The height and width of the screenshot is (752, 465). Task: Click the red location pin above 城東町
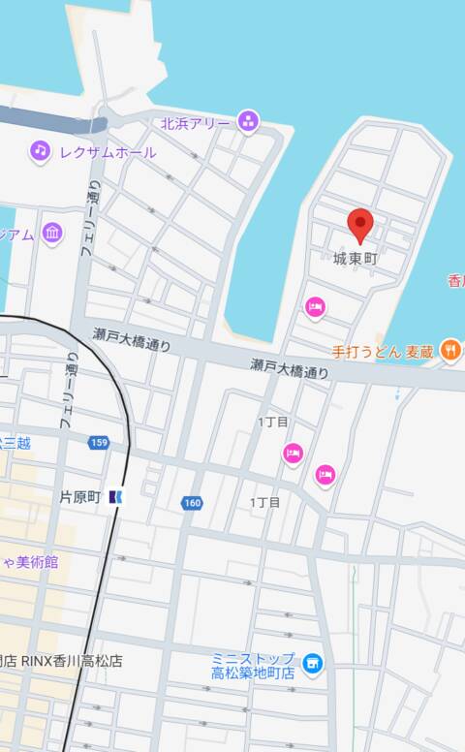[x=360, y=225]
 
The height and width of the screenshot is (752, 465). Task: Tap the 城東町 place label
[x=355, y=260]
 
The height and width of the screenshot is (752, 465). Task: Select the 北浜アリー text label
[x=196, y=123]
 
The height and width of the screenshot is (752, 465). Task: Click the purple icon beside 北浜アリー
[x=248, y=121]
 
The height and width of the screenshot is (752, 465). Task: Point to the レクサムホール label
[x=107, y=152]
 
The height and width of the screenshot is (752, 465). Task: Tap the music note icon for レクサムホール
[x=40, y=151]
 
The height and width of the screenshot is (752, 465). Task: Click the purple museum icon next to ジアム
[x=52, y=233]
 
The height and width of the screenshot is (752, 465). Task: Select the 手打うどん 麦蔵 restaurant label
[x=382, y=352]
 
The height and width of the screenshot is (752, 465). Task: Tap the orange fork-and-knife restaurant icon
[x=449, y=351]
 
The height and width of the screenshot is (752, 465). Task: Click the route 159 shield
[x=98, y=443]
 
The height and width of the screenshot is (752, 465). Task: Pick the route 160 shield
[x=192, y=503]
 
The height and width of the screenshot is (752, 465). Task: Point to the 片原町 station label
[x=80, y=497]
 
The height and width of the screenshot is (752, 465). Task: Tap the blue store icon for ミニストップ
[x=312, y=664]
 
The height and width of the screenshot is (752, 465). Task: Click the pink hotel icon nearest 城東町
[x=315, y=307]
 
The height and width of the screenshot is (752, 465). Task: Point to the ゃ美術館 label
[x=28, y=562]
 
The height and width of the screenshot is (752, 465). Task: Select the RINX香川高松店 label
[x=63, y=661]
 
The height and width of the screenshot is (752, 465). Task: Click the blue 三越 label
[x=15, y=443]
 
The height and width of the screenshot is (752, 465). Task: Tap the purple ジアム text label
[x=16, y=234]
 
